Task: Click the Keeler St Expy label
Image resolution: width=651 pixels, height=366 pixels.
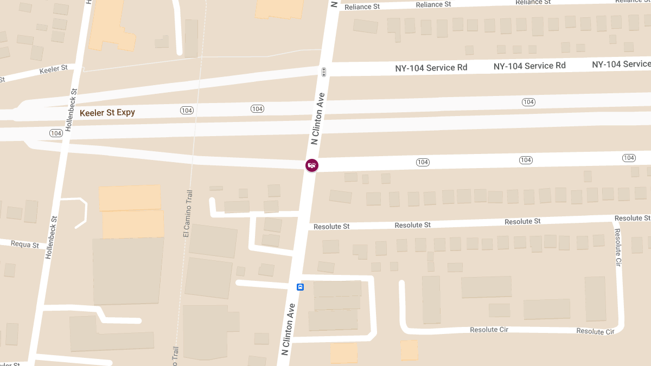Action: pos(107,113)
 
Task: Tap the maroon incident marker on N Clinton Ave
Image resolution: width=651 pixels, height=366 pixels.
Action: pos(311,165)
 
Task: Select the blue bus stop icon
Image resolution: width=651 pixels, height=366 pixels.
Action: pos(300,286)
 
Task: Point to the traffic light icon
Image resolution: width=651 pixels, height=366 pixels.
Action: pos(324,72)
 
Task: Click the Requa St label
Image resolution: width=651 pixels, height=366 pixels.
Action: pos(25,245)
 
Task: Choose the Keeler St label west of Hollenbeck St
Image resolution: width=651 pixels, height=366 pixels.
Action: pos(53,69)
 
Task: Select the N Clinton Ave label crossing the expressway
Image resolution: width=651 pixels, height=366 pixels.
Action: pos(317,118)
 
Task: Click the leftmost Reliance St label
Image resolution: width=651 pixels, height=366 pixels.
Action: pos(362,7)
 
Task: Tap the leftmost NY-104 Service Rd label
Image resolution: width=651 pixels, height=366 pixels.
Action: pos(431,68)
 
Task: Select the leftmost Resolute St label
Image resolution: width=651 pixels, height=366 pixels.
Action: pos(331,226)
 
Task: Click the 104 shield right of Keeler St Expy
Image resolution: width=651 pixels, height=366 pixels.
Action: pos(187,110)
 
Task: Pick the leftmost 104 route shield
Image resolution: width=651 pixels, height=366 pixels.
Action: pos(56,133)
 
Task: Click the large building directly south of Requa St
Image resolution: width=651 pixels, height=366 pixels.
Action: pos(128,270)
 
